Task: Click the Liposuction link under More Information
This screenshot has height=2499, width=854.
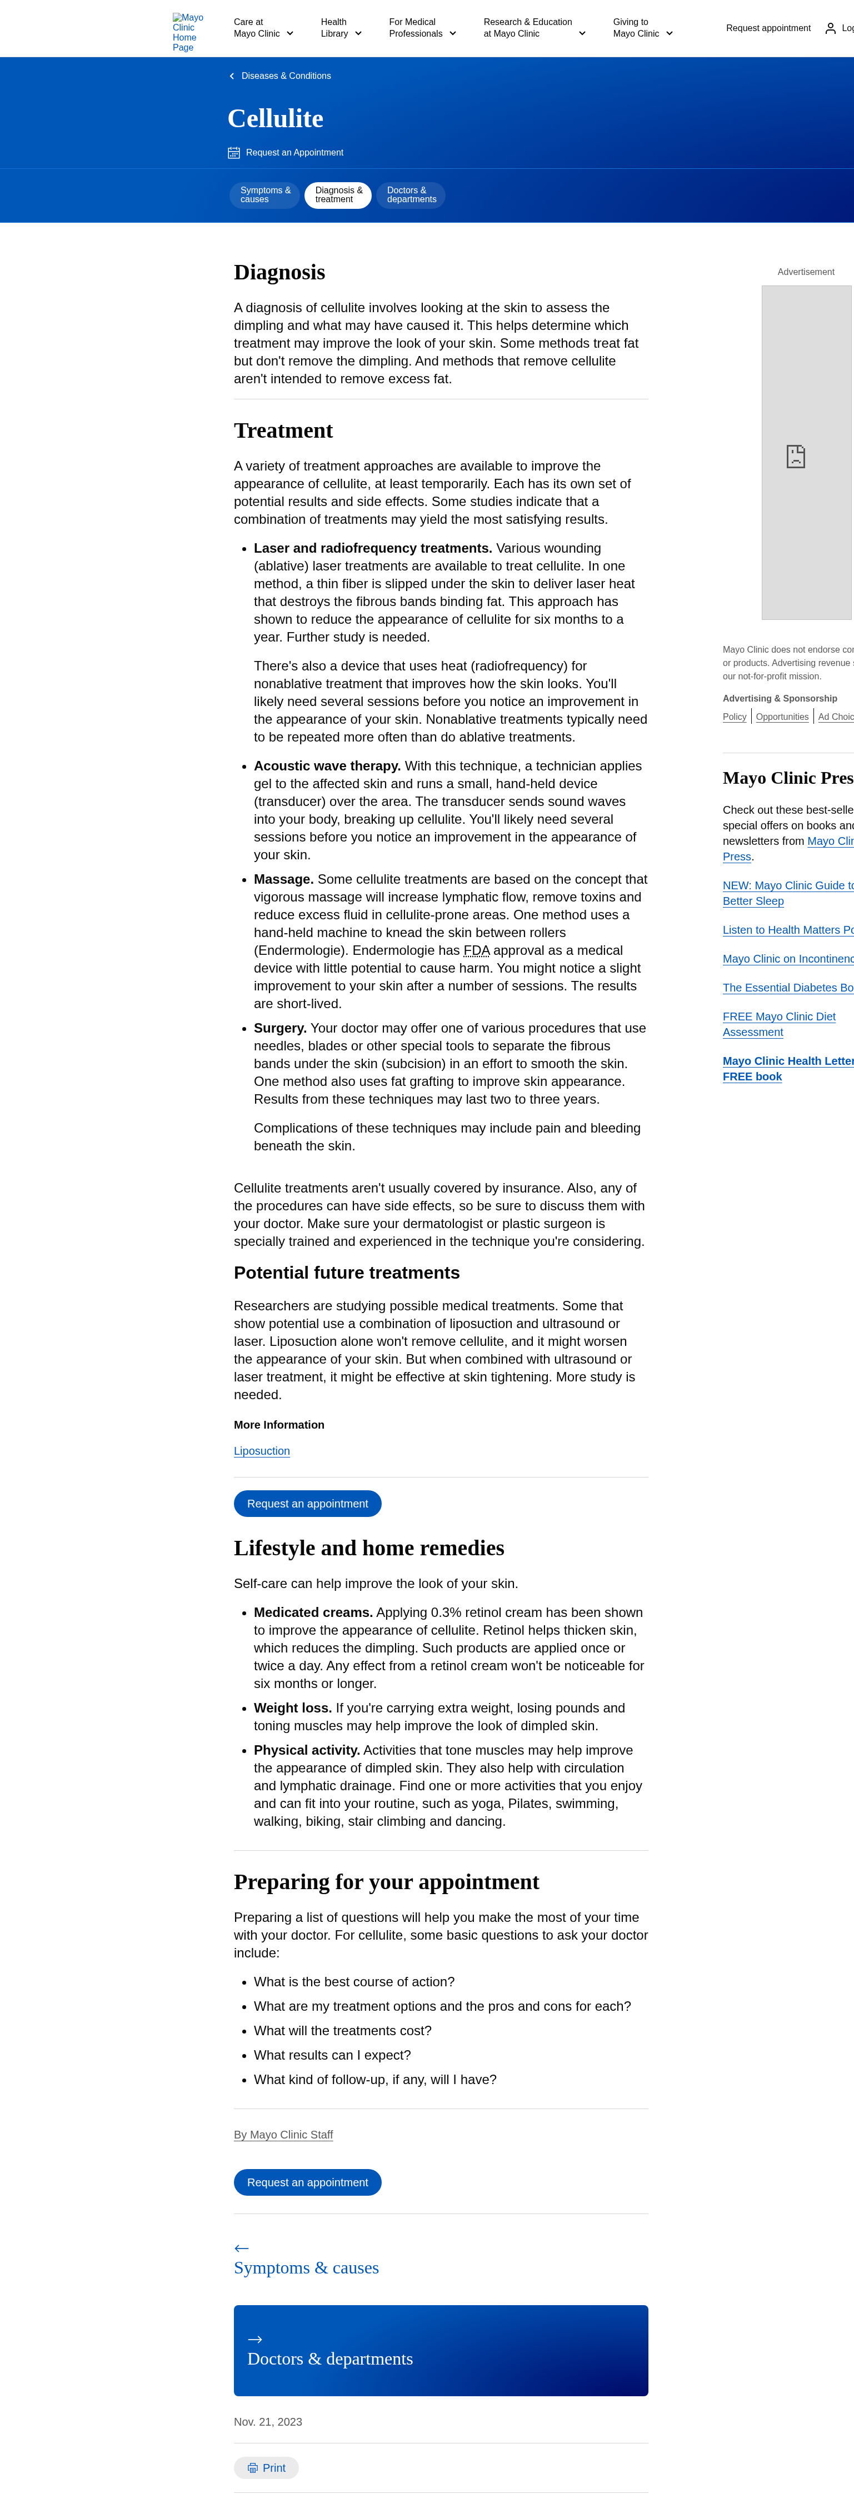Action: pos(262,1451)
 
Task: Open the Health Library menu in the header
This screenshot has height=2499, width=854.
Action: pos(341,28)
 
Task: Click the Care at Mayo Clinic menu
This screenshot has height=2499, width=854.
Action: pos(263,28)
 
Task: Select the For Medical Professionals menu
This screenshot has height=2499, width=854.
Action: pos(422,28)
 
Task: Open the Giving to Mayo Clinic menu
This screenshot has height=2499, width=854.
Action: pos(642,28)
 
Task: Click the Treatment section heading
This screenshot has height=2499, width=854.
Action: pos(283,430)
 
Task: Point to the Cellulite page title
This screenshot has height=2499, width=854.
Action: pos(276,118)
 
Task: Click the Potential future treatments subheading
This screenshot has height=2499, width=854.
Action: pos(347,1273)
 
